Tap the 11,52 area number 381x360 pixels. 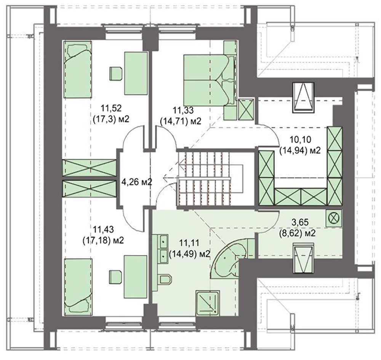[110, 108]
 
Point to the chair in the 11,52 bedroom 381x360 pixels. [116, 74]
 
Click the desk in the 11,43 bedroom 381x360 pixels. [136, 276]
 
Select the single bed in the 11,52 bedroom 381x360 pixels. [78, 69]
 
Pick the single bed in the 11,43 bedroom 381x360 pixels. [78, 287]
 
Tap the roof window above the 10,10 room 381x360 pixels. [303, 98]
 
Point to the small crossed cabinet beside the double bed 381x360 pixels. [246, 109]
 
